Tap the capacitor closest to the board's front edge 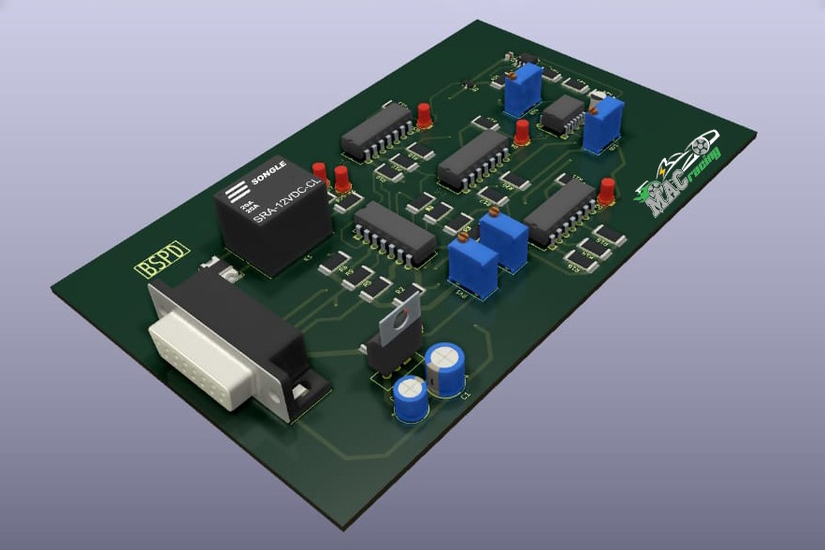[411, 398]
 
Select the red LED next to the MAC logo [608, 190]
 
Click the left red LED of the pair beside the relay [320, 173]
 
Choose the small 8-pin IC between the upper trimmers [563, 113]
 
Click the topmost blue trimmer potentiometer [522, 84]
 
